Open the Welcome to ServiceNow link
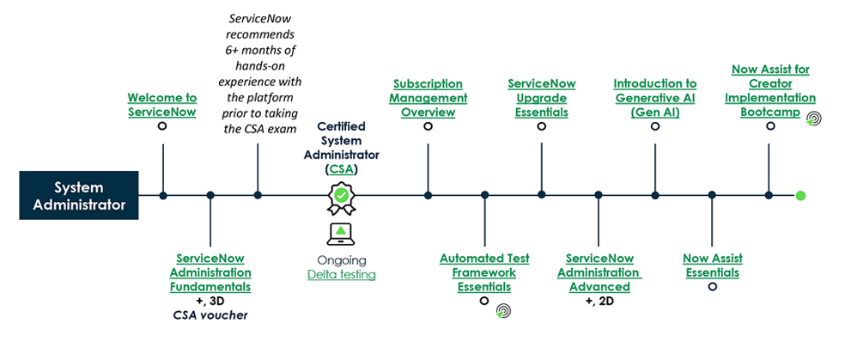coord(161,105)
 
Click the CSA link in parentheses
coord(342,169)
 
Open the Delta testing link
coord(341,274)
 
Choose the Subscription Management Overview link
coord(428,98)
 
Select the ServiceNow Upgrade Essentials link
coord(541,98)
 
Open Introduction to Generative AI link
coord(654,98)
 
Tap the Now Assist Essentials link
coord(712,265)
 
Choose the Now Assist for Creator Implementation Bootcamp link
coord(769,91)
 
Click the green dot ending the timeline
coord(800,196)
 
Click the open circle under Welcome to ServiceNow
coord(161,126)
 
